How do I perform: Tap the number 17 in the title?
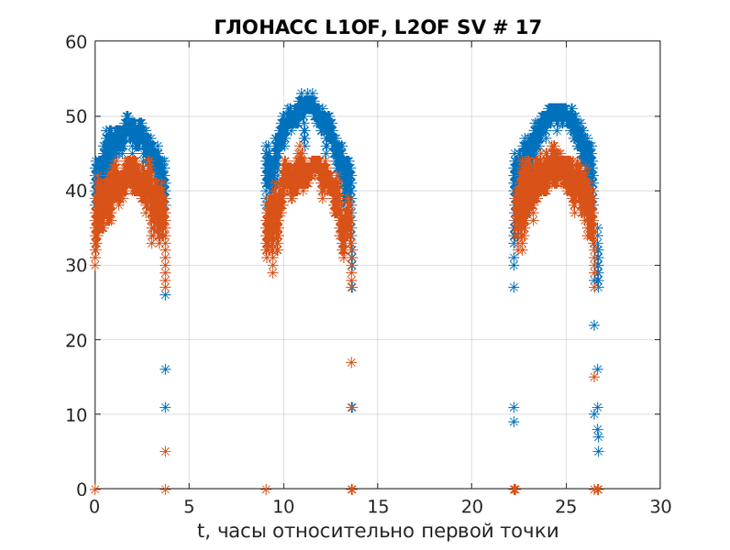528,27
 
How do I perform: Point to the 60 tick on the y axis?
77,42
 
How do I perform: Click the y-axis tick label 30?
77,266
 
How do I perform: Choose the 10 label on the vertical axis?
77,415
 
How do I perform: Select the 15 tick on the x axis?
377,507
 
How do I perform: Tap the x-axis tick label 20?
471,507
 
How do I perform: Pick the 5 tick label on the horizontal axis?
189,507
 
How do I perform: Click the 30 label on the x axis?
659,507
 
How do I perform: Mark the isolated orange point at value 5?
165,452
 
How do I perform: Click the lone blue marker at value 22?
594,325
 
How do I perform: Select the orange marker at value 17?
351,363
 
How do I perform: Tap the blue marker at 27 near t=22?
514,288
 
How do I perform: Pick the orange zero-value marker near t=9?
266,489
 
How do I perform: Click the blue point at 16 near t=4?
165,369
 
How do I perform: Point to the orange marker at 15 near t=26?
594,377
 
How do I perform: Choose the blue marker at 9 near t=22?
514,423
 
